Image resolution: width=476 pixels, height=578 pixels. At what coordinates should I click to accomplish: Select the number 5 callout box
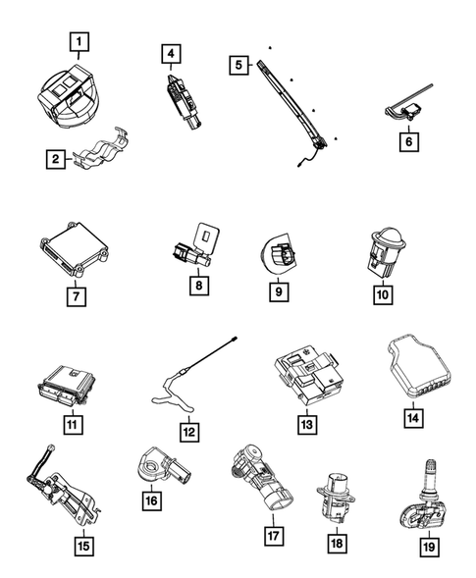(x=237, y=64)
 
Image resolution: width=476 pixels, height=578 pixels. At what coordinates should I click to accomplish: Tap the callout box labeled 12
(x=189, y=430)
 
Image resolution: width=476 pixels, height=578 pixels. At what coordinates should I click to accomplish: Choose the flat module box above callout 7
(x=70, y=250)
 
